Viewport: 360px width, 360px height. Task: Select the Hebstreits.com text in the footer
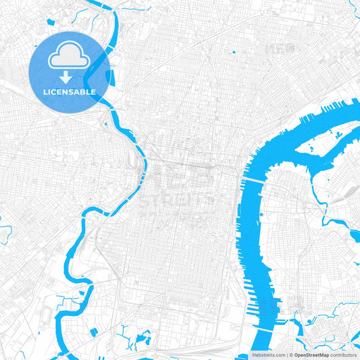(x=269, y=354)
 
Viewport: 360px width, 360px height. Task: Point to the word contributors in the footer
(x=343, y=354)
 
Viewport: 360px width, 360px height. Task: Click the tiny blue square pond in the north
(x=233, y=52)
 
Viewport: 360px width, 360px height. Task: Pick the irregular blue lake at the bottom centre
(x=143, y=338)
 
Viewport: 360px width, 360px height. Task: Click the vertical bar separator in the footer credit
(x=289, y=354)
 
